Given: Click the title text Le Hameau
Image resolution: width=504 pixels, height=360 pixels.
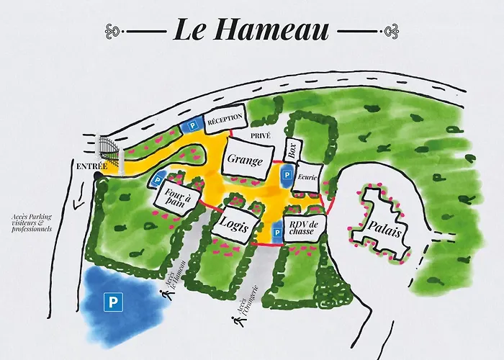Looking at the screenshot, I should pos(251,30).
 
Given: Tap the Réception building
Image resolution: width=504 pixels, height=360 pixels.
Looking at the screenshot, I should pos(225,120).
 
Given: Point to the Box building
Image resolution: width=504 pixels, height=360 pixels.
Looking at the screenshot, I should pos(292,150).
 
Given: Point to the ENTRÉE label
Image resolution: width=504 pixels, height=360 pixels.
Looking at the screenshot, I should pos(93,167).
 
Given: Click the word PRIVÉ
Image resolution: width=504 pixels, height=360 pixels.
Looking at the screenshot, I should pos(260,135).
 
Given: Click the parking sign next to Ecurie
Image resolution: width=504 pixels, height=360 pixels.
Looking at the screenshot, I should pos(286,176).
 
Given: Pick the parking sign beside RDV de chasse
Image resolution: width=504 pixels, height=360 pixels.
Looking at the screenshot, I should pos(276,233).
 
